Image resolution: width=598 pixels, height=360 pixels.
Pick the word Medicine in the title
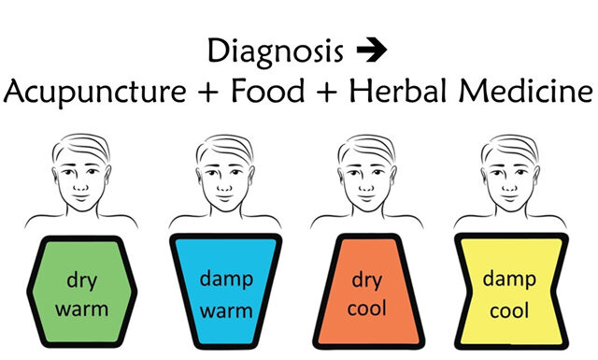coord(531,93)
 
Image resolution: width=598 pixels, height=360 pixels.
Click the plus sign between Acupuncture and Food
coord(218,94)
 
